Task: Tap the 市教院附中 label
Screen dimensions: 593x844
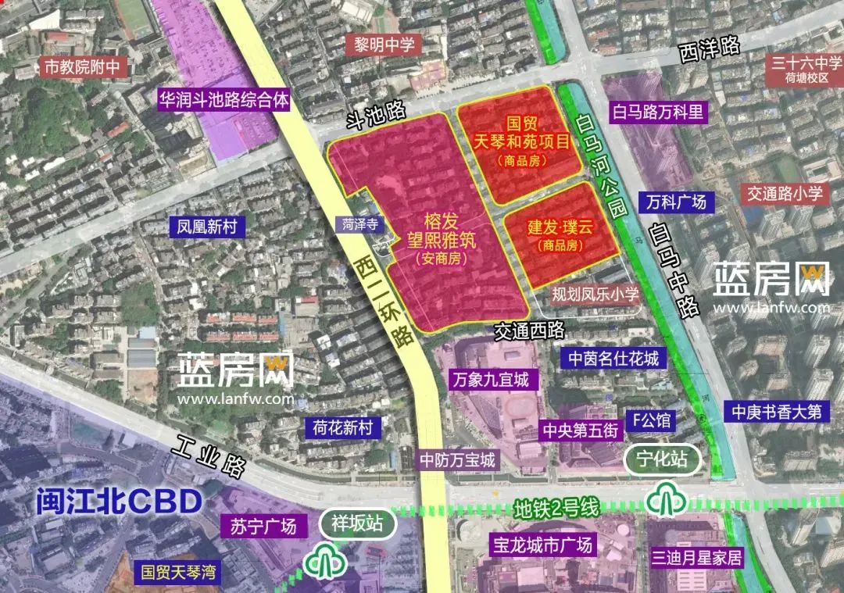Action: pyautogui.click(x=83, y=67)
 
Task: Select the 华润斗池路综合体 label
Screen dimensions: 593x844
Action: pyautogui.click(x=223, y=101)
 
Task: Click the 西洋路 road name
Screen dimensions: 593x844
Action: pyautogui.click(x=710, y=48)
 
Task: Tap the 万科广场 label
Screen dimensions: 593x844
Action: pyautogui.click(x=676, y=202)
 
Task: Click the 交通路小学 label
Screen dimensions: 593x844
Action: pyautogui.click(x=784, y=194)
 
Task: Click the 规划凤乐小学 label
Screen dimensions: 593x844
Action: pyautogui.click(x=595, y=295)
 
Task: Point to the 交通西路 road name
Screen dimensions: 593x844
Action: pyautogui.click(x=529, y=330)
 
